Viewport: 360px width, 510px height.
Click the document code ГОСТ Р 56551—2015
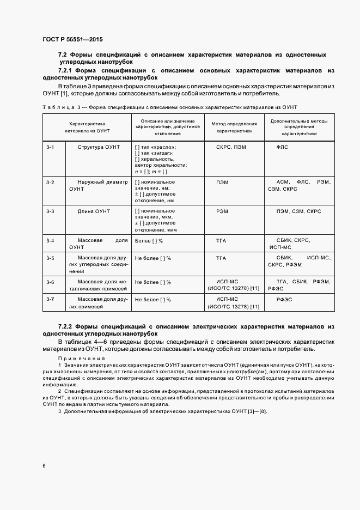point(72,40)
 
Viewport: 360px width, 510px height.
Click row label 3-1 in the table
point(50,147)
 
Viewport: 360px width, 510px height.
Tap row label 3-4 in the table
point(50,240)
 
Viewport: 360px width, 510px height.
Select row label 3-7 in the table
point(50,299)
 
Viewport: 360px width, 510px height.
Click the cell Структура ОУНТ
point(98,147)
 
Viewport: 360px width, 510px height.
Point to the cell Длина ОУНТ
point(94,211)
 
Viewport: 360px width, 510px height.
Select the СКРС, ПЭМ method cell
point(231,147)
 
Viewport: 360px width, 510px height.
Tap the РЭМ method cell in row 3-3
point(222,211)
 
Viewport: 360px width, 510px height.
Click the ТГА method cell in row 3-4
point(221,240)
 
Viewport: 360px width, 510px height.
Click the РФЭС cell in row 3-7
point(284,300)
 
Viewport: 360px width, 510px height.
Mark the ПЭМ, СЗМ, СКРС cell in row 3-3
point(298,211)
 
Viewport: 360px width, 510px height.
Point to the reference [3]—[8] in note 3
point(256,410)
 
